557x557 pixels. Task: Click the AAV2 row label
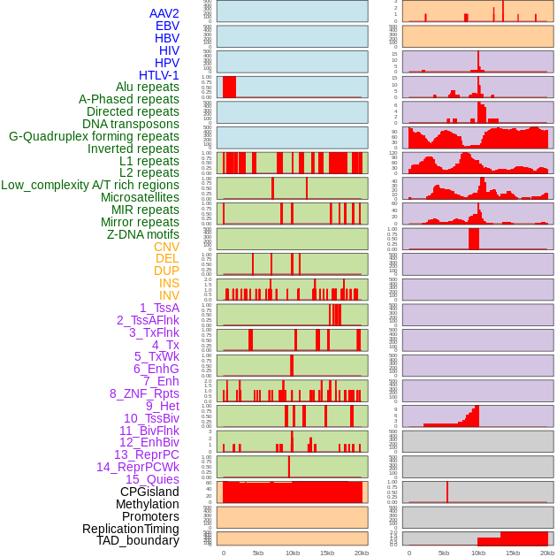coord(164,13)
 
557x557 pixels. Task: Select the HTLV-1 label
coord(159,75)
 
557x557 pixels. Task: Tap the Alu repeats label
coord(148,87)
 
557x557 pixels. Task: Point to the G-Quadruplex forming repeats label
coord(94,136)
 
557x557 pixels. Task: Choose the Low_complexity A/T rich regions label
coord(90,185)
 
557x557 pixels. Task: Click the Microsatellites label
coord(140,197)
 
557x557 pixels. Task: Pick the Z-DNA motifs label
coord(142,234)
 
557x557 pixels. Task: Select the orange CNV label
coord(166,247)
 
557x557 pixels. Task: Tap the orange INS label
coord(169,283)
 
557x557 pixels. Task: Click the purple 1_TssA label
coord(159,308)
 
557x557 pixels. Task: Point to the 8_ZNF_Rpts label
coord(144,393)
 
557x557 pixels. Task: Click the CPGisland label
coord(149,492)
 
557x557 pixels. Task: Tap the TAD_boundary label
coord(138,540)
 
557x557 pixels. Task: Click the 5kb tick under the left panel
coord(258,553)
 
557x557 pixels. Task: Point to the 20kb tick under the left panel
coord(362,553)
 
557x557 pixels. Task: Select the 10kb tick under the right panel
coord(478,553)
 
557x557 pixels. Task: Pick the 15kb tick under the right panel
coord(513,553)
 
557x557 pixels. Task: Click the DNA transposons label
coord(131,124)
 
